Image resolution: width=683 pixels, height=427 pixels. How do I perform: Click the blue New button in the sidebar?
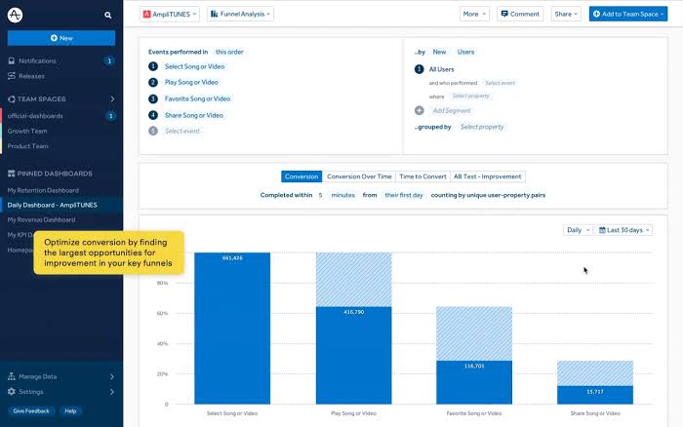[60, 38]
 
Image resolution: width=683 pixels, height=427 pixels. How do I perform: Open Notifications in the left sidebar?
[37, 60]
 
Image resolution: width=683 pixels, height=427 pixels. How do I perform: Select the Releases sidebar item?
[31, 75]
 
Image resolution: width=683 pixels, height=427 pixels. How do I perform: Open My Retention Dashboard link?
[43, 190]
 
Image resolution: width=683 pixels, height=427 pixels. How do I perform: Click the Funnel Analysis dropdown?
[240, 14]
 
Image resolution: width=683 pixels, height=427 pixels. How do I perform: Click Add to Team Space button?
[626, 14]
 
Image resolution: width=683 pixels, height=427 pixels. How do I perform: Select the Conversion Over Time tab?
[359, 176]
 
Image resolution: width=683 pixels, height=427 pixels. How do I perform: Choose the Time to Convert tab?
[422, 176]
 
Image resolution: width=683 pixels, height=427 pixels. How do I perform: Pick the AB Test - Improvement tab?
[488, 176]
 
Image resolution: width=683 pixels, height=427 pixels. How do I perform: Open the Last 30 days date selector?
[624, 230]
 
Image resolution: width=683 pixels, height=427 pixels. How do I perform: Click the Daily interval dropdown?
[577, 230]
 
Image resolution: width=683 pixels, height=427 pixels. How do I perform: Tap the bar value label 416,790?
[353, 312]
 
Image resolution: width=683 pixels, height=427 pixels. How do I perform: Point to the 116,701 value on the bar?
[474, 366]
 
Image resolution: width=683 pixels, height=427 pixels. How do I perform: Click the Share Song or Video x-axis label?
[595, 413]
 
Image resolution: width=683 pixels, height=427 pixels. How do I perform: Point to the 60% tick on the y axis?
[163, 314]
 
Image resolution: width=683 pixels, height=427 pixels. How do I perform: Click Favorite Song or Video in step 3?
[197, 98]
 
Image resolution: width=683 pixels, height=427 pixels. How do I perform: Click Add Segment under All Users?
[452, 111]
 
